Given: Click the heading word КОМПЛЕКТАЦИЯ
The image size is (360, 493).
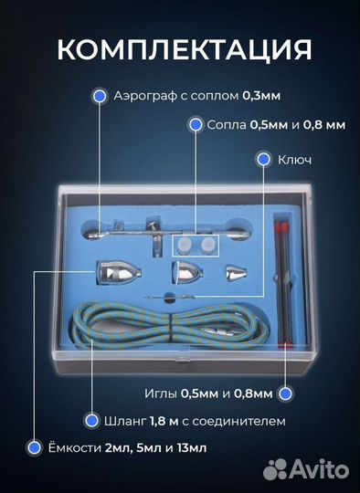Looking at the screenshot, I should pyautogui.click(x=179, y=47).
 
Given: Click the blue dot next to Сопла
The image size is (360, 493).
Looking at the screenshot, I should pyautogui.click(x=196, y=124).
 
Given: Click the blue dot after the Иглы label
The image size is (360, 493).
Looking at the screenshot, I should pyautogui.click(x=285, y=393).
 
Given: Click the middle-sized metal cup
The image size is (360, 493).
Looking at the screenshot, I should pyautogui.click(x=186, y=272).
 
